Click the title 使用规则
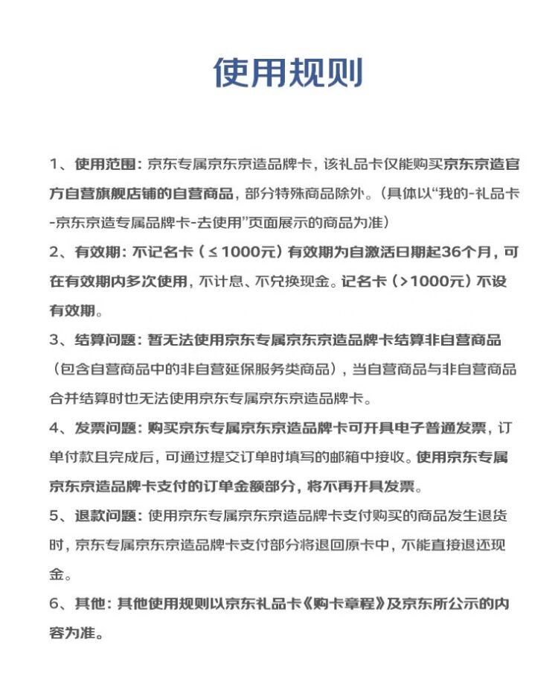288,73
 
